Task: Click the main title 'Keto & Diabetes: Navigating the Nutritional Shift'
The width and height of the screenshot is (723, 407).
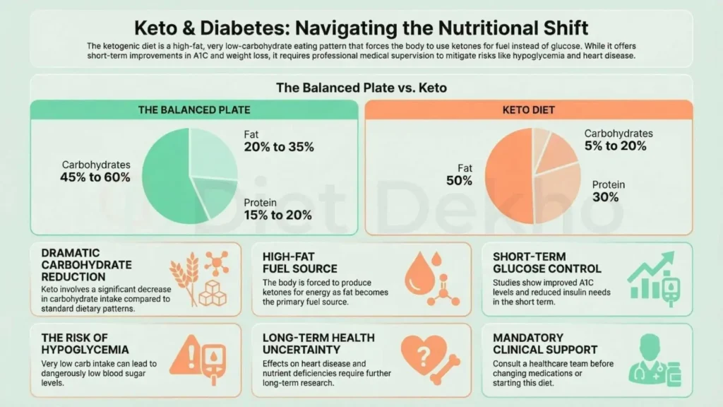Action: (361, 28)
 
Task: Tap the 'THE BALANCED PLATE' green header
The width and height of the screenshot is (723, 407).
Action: (193, 110)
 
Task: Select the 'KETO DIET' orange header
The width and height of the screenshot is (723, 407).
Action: (528, 110)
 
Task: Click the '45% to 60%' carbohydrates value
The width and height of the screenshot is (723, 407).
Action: (96, 177)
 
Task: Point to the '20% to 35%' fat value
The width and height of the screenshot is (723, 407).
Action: (279, 147)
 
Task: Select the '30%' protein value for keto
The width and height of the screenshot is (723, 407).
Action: (605, 197)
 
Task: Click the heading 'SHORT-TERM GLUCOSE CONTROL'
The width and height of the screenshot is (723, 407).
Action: (547, 263)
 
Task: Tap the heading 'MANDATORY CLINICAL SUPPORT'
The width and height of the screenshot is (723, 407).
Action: (545, 343)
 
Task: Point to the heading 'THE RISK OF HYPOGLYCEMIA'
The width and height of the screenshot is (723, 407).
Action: (85, 343)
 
